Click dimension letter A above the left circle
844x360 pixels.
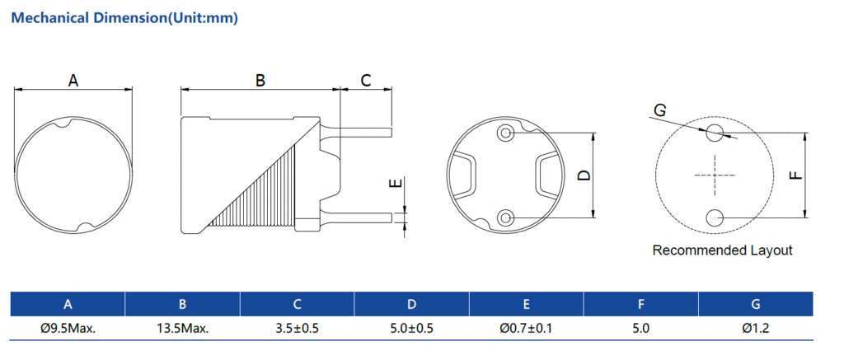coord(73,81)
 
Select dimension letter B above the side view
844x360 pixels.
coord(260,81)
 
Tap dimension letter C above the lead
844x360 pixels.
coord(366,80)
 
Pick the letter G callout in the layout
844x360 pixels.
coord(659,110)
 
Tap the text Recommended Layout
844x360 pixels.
coord(722,250)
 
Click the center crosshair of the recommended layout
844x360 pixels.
coord(715,175)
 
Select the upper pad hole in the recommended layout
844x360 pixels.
coord(715,132)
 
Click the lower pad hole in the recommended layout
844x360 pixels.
coord(715,217)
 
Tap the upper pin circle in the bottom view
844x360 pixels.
coord(505,133)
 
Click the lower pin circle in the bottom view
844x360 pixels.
coord(505,217)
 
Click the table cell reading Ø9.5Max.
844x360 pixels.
coord(68,328)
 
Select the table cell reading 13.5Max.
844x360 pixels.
coord(182,328)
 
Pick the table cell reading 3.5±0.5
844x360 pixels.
coord(297,328)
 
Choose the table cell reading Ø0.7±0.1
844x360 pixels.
coord(526,328)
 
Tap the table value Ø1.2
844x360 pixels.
coord(755,328)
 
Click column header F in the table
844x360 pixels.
coord(640,304)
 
